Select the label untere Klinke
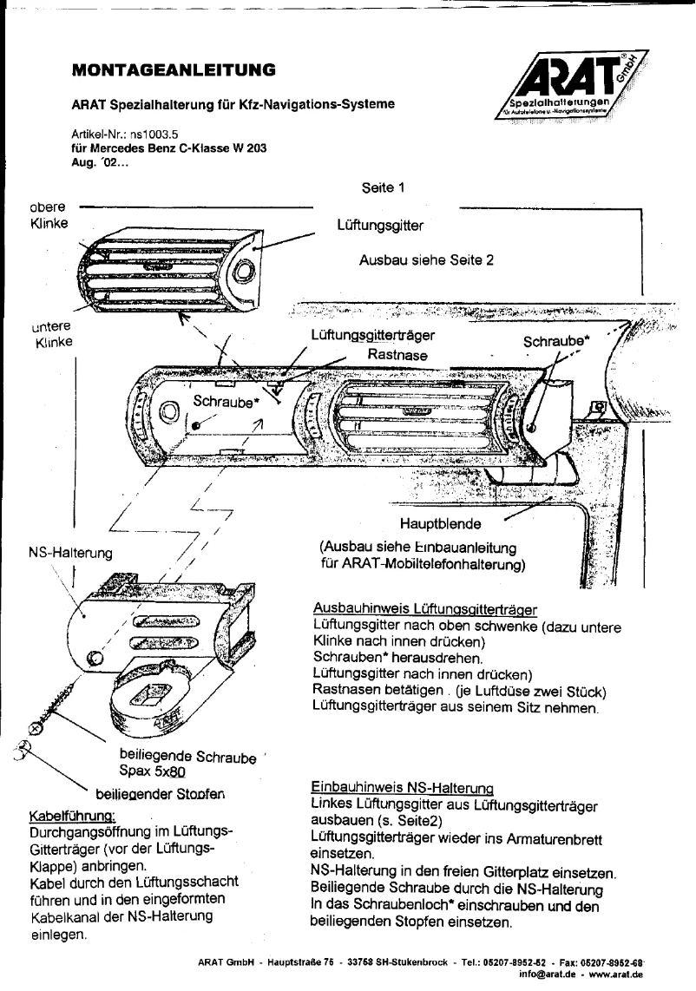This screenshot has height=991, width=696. tap(51, 333)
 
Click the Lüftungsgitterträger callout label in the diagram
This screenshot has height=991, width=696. tap(371, 334)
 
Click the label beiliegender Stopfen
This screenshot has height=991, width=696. tap(164, 793)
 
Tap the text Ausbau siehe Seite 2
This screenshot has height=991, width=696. tap(426, 259)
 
